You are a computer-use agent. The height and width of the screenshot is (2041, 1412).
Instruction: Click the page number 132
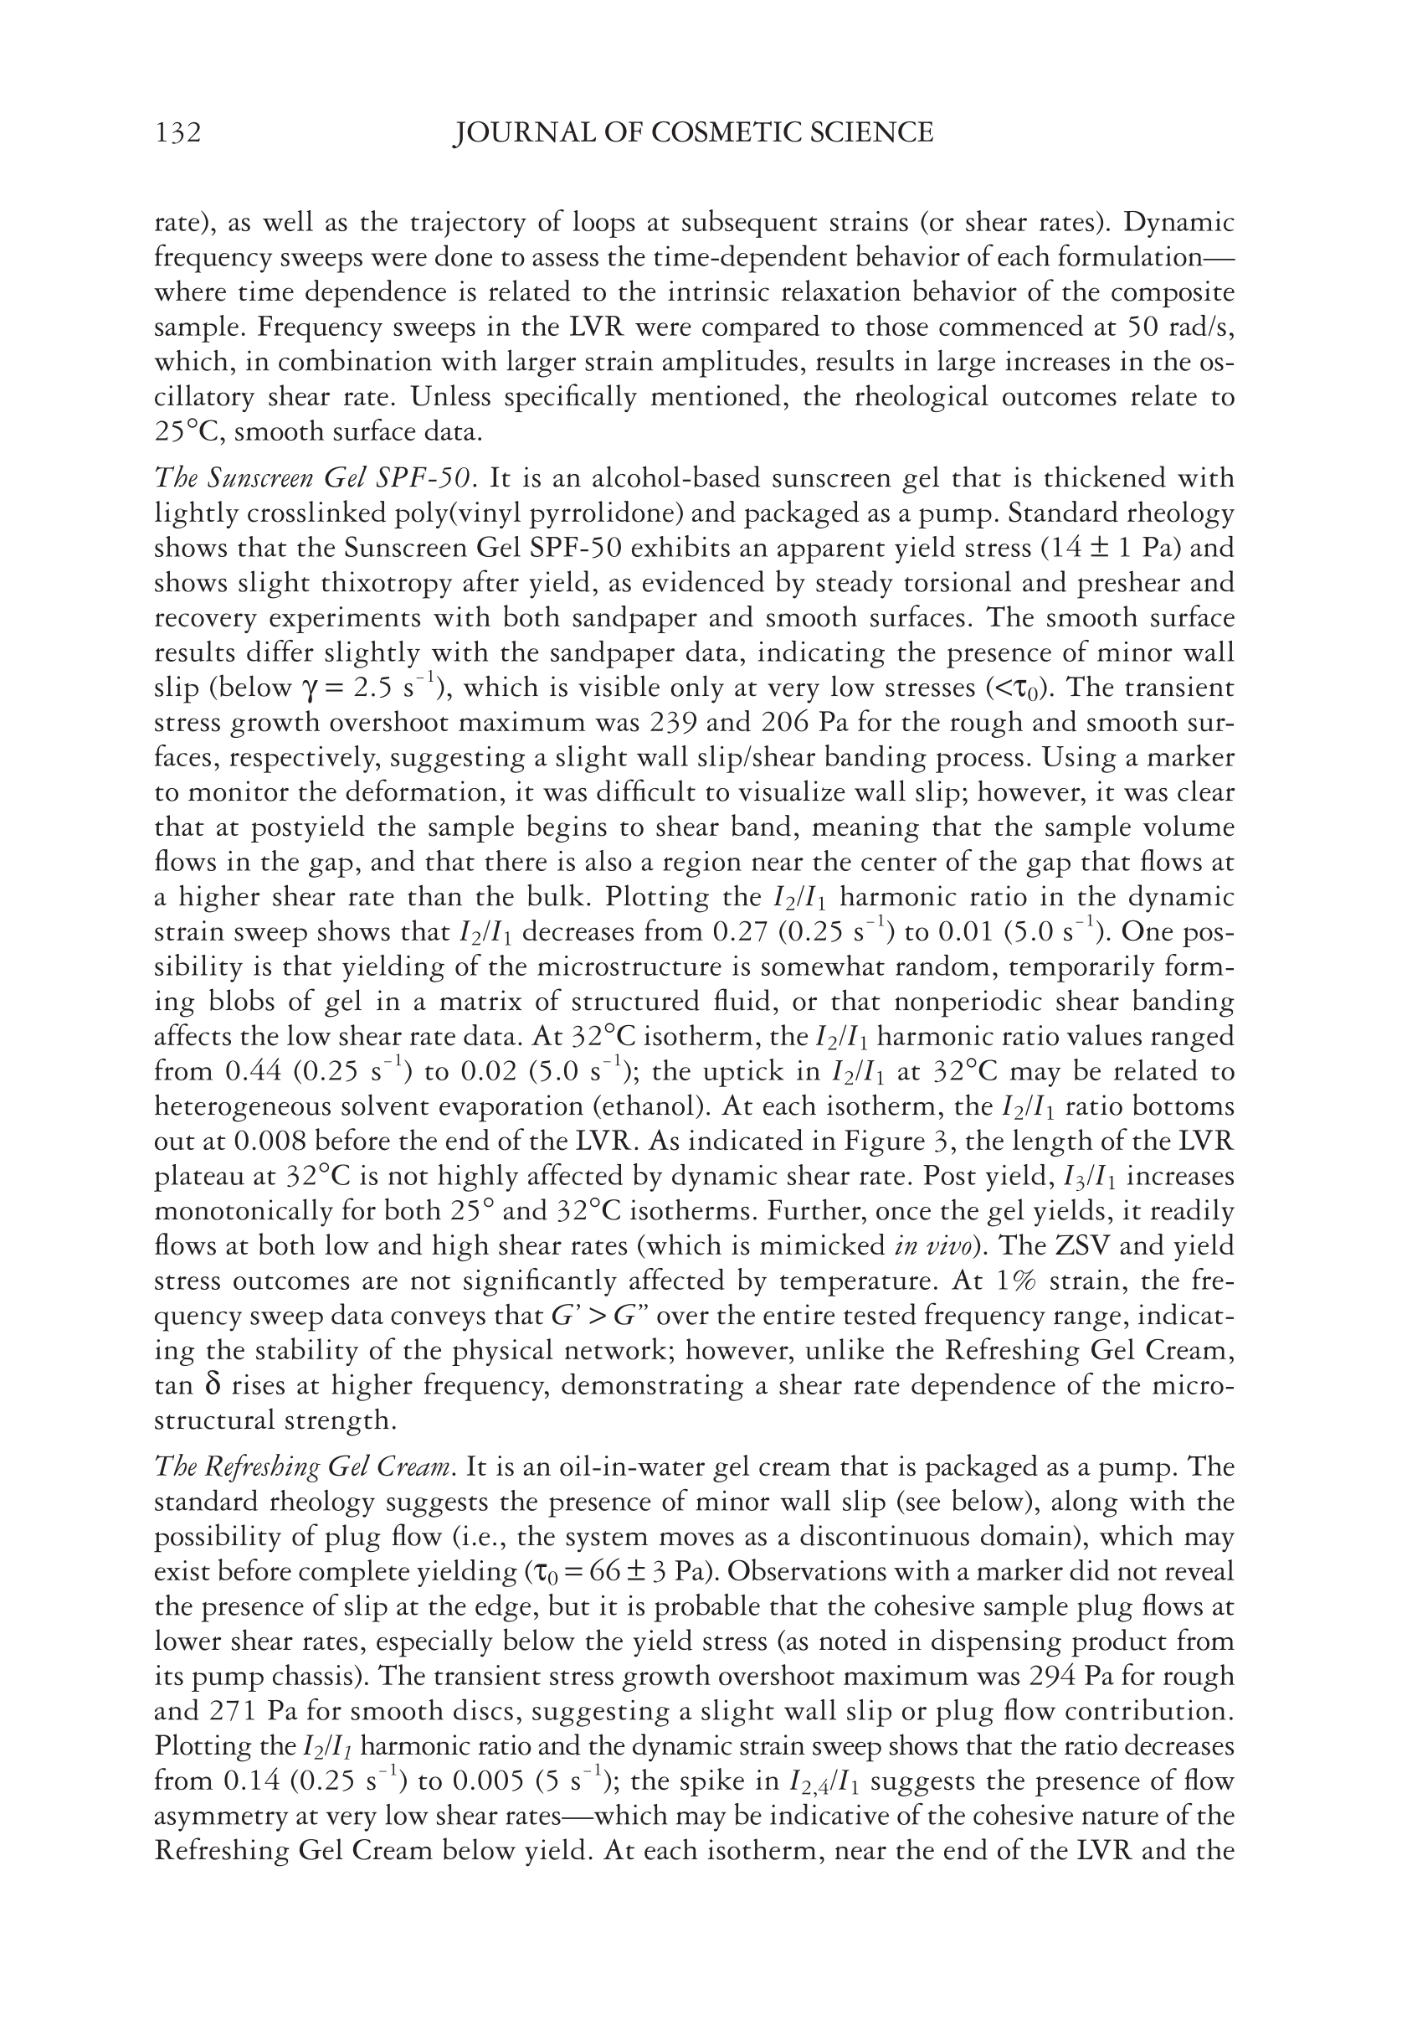[177, 133]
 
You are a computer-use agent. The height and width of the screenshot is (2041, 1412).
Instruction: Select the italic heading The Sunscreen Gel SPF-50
[316, 478]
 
